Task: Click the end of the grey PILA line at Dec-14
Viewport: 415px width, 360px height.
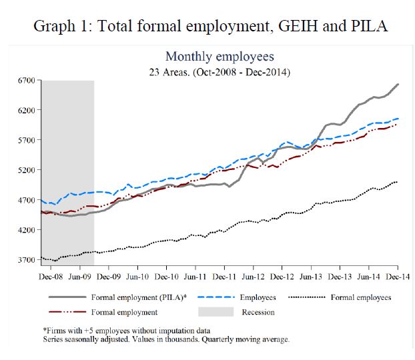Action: coord(398,84)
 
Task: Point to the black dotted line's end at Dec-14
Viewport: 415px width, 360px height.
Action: coord(398,182)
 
